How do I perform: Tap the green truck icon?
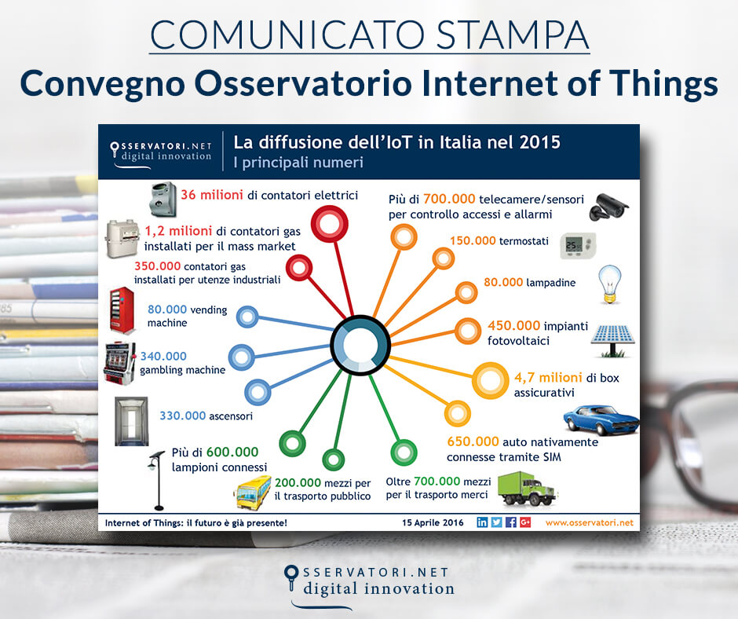point(527,487)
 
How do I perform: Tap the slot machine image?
point(119,363)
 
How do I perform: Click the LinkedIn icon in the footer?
point(482,522)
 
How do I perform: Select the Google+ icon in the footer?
point(525,522)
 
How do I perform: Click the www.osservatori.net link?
point(589,522)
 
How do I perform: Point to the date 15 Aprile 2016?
point(433,522)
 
